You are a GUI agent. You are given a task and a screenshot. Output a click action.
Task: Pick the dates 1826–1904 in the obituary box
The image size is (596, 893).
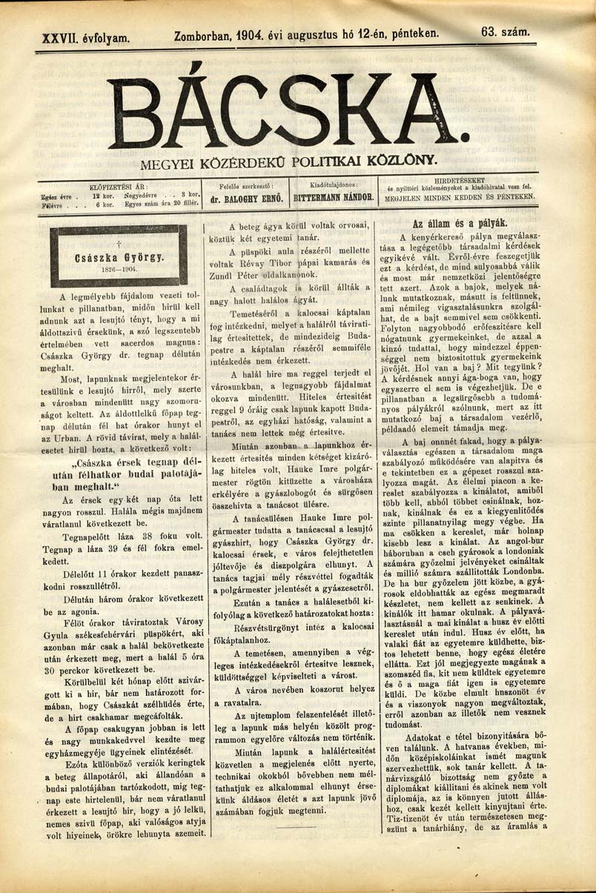(116, 271)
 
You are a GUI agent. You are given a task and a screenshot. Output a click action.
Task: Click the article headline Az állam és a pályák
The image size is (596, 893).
(460, 223)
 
